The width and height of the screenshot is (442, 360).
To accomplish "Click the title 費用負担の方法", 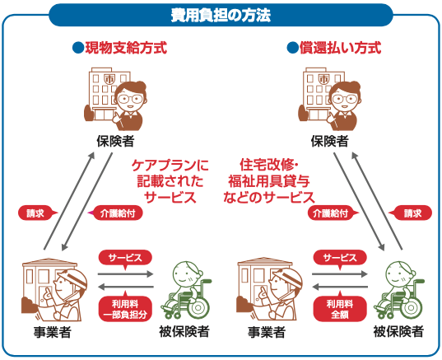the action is pos(221,15).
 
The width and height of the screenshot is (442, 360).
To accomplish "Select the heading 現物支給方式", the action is pos(126,48).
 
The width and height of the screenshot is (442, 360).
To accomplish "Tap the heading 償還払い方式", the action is pos(340,48).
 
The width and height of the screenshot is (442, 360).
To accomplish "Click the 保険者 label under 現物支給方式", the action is pos(115,141).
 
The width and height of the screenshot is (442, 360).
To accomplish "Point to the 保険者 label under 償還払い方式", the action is pos(329,141).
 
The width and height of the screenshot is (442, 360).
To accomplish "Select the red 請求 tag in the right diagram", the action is pos(410,213).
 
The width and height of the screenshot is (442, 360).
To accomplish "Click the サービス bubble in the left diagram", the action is pos(125,258).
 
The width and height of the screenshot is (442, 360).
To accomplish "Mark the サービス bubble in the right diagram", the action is pos(340,258).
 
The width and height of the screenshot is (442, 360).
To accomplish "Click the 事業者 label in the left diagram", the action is pos(52,332).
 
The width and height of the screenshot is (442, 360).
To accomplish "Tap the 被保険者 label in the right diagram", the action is pos(398,331).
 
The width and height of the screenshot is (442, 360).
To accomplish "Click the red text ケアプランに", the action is pos(170,165).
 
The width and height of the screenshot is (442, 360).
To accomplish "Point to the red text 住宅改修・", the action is pos(269,165).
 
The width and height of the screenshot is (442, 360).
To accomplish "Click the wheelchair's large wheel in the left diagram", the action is pos(198,306).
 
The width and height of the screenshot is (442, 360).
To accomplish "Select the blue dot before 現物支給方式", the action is pos(78,48).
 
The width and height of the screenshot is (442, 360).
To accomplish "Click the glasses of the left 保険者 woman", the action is pos(130,99).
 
